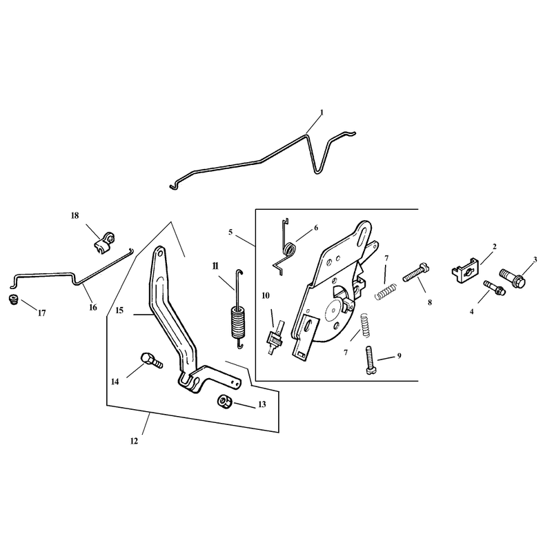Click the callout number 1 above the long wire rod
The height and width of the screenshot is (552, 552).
click(322, 112)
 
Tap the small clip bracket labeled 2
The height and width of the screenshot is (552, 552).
click(465, 270)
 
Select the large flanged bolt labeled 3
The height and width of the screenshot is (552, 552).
click(513, 277)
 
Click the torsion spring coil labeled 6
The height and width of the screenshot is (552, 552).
click(290, 249)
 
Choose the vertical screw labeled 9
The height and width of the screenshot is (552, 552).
click(369, 359)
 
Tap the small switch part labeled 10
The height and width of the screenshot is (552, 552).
click(276, 337)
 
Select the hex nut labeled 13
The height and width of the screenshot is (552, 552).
click(224, 402)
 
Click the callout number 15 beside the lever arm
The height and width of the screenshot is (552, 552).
click(119, 310)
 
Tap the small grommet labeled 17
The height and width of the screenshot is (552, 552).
click(13, 299)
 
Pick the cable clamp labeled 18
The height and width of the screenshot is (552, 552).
click(105, 242)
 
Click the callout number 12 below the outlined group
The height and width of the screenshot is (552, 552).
click(134, 441)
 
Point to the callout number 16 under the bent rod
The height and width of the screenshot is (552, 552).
click(93, 307)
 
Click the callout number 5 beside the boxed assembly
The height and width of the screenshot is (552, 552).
click(230, 233)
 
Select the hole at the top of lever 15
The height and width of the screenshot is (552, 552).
click(159, 253)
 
